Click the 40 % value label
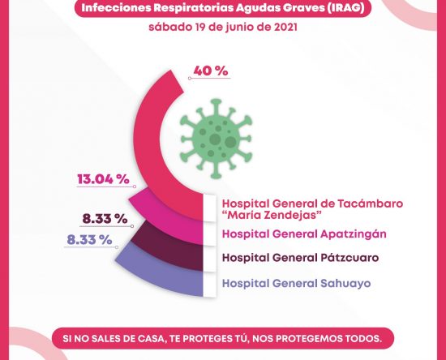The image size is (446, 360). [211, 71]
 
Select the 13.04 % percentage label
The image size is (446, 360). [104, 179]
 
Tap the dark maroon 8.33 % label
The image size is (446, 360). [105, 219]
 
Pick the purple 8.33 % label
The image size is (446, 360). [89, 240]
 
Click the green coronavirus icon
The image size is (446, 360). [216, 139]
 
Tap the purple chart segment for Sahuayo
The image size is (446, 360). [165, 274]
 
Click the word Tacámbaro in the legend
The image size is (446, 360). [370, 204]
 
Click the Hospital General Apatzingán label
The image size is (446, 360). [304, 234]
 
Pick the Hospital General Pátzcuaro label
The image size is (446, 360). [300, 258]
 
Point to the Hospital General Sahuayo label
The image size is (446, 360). [296, 284]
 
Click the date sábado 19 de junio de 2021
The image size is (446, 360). [223, 27]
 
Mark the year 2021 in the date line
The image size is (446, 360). [286, 27]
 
